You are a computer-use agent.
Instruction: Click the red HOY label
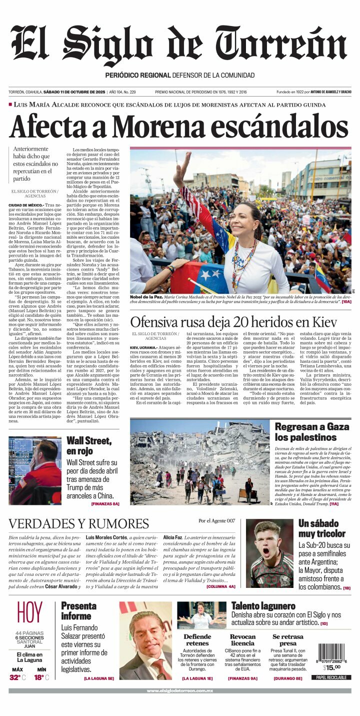click(x=29, y=613)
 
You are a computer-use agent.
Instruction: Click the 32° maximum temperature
click(x=15, y=677)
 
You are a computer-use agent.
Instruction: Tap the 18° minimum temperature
click(x=39, y=677)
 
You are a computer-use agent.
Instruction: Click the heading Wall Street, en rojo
click(x=88, y=446)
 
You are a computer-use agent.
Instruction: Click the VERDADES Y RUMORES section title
click(x=78, y=524)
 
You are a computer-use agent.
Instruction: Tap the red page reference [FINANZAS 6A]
click(x=105, y=504)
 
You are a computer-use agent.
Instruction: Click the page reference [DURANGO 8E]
click(x=287, y=678)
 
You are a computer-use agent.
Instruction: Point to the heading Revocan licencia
click(x=242, y=640)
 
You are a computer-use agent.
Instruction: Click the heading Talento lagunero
click(x=263, y=606)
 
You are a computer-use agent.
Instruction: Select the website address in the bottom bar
click(x=179, y=690)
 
